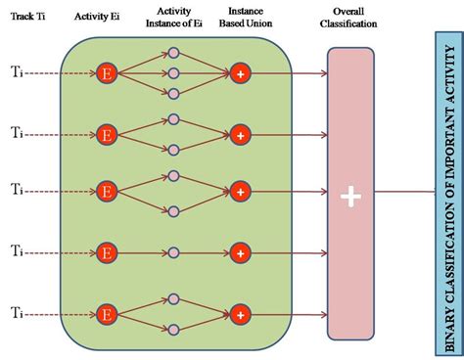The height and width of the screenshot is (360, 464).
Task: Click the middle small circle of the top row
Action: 173,72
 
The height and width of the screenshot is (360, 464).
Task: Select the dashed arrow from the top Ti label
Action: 59,72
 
